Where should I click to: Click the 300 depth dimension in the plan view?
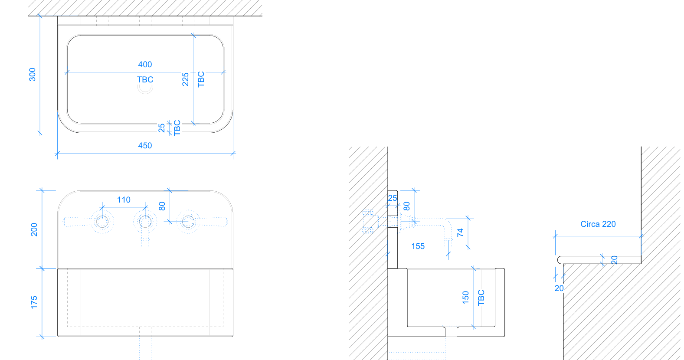pyautogui.click(x=32, y=75)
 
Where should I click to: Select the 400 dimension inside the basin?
pyautogui.click(x=145, y=65)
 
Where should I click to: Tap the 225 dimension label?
pyautogui.click(x=185, y=79)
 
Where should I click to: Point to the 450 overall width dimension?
pyautogui.click(x=145, y=145)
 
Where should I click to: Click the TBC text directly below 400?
pyautogui.click(x=145, y=79)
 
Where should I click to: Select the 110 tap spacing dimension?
pyautogui.click(x=124, y=200)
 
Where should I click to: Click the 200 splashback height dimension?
pyautogui.click(x=34, y=229)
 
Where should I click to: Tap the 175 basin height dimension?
pyautogui.click(x=34, y=302)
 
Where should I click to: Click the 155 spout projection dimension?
pyautogui.click(x=418, y=246)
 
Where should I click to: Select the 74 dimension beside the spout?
pyautogui.click(x=460, y=232)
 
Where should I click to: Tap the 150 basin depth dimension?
pyautogui.click(x=465, y=298)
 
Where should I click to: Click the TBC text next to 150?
pyautogui.click(x=481, y=298)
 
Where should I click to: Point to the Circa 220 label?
pyautogui.click(x=598, y=224)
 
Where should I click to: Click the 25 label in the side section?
pyautogui.click(x=393, y=198)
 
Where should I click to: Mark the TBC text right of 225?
pyautogui.click(x=201, y=79)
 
